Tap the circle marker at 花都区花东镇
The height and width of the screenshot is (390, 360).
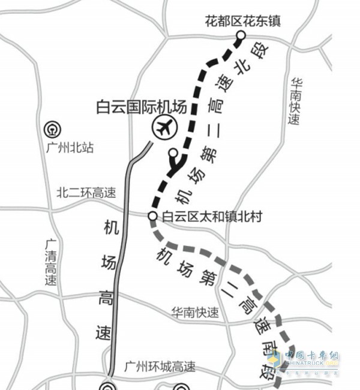pyautogui.click(x=240, y=37)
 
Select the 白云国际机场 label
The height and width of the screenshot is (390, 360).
pyautogui.click(x=141, y=108)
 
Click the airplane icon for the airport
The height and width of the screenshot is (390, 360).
pyautogui.click(x=163, y=127)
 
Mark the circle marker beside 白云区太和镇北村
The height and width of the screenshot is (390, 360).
pyautogui.click(x=152, y=215)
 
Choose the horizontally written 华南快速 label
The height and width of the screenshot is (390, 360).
pyautogui.click(x=194, y=313)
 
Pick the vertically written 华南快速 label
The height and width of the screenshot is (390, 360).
pyautogui.click(x=294, y=102)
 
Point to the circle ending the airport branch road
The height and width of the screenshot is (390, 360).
pyautogui.click(x=173, y=152)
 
